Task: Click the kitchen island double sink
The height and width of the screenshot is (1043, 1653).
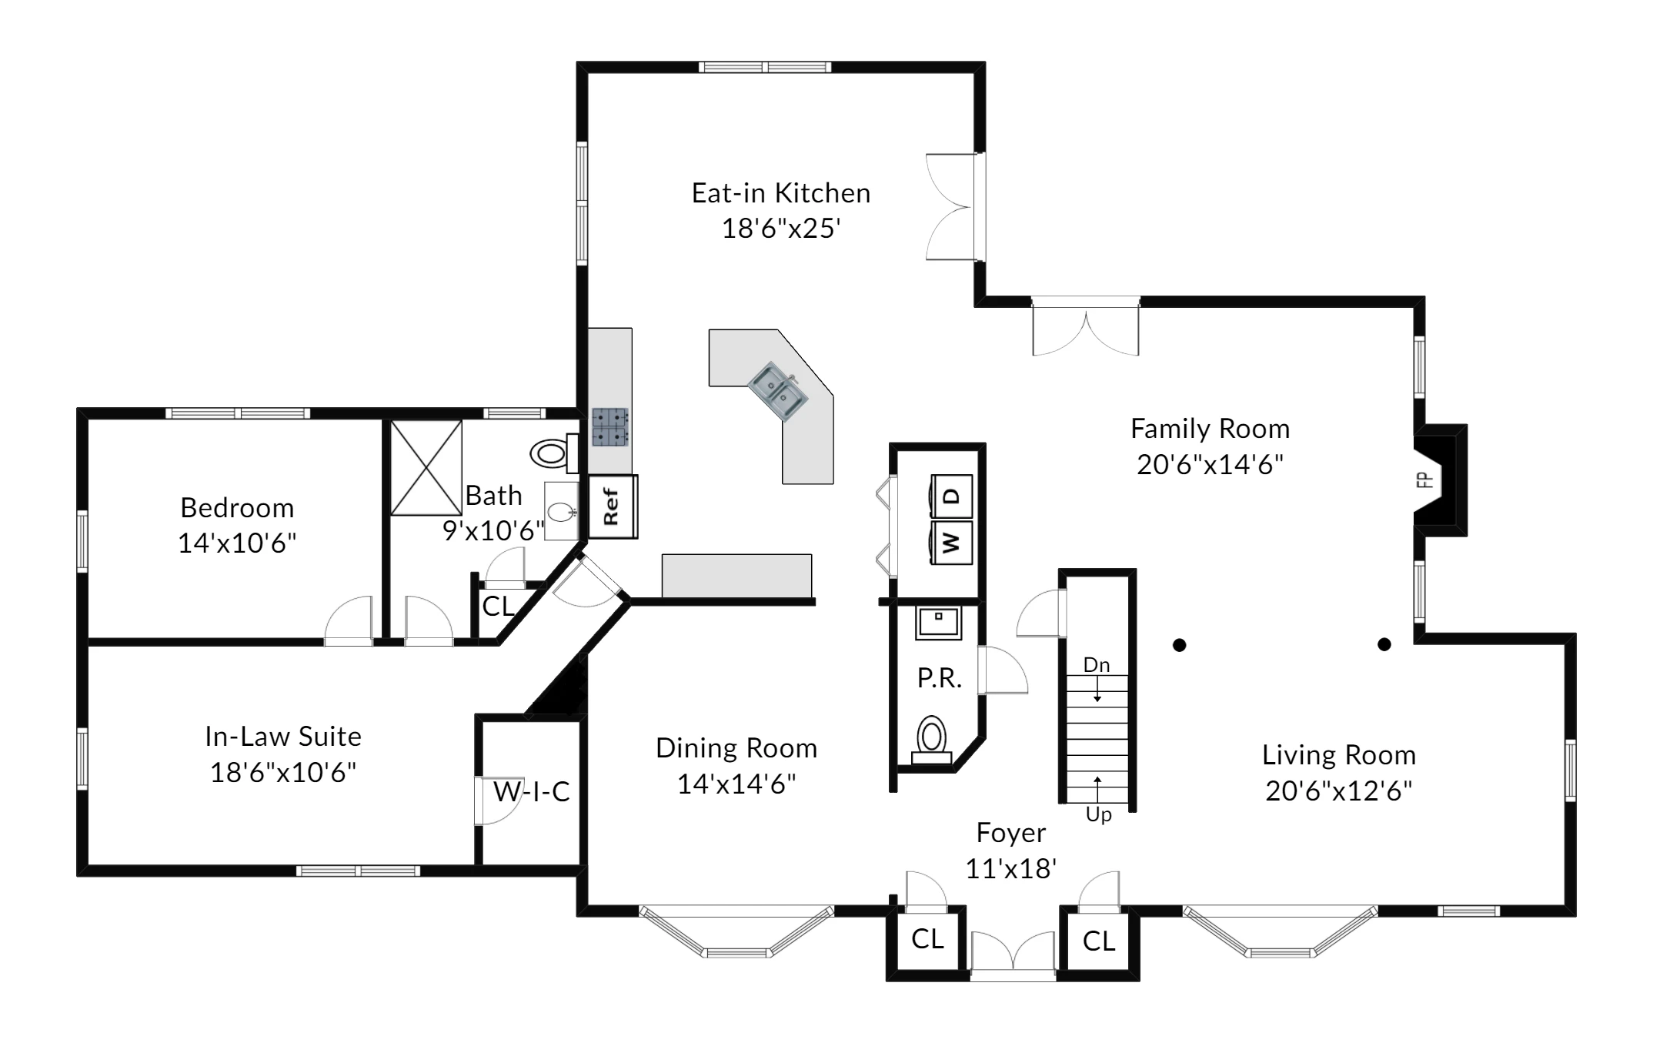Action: tap(779, 392)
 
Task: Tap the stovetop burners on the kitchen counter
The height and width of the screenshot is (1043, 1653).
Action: tap(609, 427)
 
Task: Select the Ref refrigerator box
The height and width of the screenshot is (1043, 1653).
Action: tap(613, 506)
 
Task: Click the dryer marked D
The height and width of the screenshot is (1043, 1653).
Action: tap(952, 496)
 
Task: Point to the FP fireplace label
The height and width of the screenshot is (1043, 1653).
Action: tap(1424, 480)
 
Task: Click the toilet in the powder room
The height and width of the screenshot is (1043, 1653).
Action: tap(932, 740)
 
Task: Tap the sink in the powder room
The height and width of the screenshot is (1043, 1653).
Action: tap(938, 623)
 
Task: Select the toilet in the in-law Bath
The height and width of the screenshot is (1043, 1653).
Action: tap(555, 453)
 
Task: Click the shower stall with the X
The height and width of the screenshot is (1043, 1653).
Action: tap(426, 467)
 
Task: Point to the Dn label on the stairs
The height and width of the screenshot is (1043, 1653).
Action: tap(1097, 665)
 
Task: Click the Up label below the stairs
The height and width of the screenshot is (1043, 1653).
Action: tap(1098, 814)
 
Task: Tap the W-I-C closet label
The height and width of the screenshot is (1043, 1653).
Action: tap(531, 791)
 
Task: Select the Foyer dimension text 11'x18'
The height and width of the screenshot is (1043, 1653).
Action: tap(1010, 868)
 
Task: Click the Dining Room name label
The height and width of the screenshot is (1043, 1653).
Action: tap(736, 748)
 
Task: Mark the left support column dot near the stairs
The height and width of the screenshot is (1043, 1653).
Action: tap(1180, 645)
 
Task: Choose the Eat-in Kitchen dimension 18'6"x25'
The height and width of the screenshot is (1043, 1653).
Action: tap(780, 229)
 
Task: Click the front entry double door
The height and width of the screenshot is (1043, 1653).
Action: tap(1013, 954)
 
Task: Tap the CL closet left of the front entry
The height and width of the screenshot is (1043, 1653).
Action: tap(927, 939)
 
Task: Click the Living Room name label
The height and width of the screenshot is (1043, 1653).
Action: tap(1339, 755)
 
